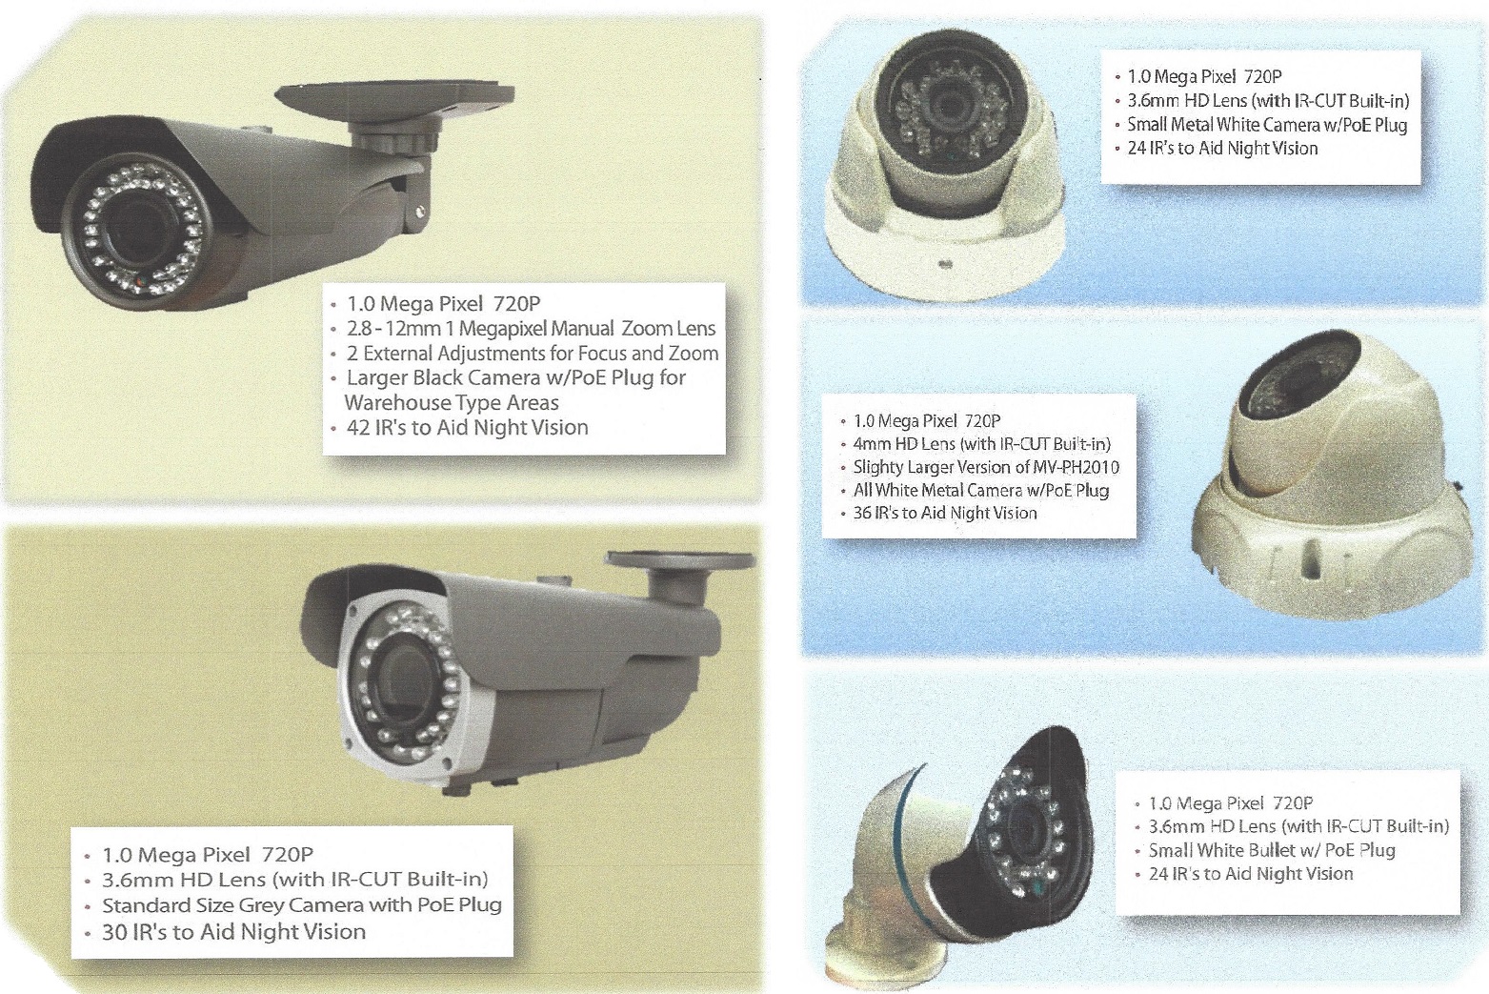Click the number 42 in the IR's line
[358, 428]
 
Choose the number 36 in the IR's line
[863, 513]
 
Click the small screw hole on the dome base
[944, 261]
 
